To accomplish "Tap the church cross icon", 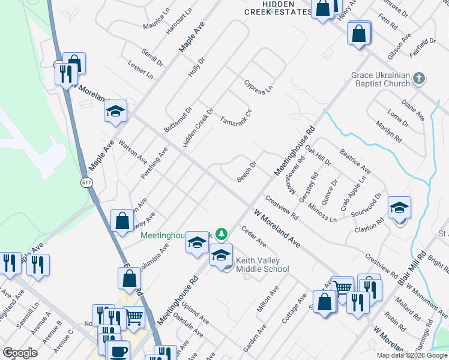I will [x=420, y=78].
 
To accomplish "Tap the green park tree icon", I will [x=221, y=233].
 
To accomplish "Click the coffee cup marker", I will [x=118, y=351].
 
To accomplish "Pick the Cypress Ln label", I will [x=259, y=86].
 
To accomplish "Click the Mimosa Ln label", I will [x=321, y=212].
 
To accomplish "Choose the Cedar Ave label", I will [x=253, y=236].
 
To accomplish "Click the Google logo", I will [x=20, y=353].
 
